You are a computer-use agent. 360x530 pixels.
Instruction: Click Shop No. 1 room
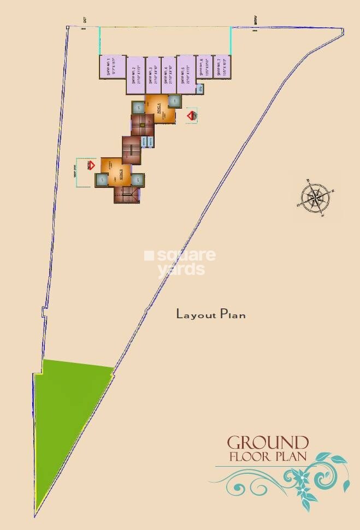(x=112, y=68)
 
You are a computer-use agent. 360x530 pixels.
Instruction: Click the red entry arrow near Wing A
(x=191, y=116)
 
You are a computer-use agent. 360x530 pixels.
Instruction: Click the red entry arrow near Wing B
(x=91, y=164)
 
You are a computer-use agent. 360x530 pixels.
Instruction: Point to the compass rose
(x=315, y=196)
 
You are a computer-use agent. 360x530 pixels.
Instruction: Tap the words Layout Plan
(x=210, y=314)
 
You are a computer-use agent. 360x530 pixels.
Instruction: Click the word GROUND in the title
(x=268, y=443)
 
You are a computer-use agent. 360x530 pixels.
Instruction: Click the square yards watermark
(x=180, y=263)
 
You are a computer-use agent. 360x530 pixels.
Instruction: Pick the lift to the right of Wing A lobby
(x=174, y=101)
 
